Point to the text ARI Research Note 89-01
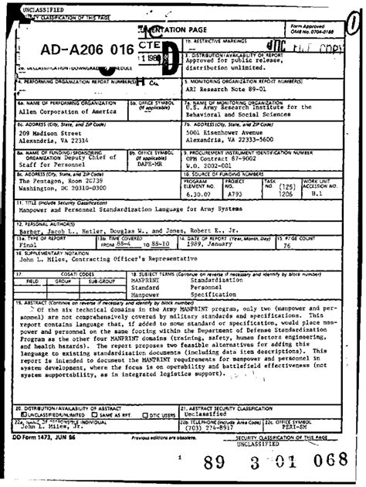tap(224, 87)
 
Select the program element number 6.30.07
tap(200, 195)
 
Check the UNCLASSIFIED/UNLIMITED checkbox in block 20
tap(22, 414)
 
